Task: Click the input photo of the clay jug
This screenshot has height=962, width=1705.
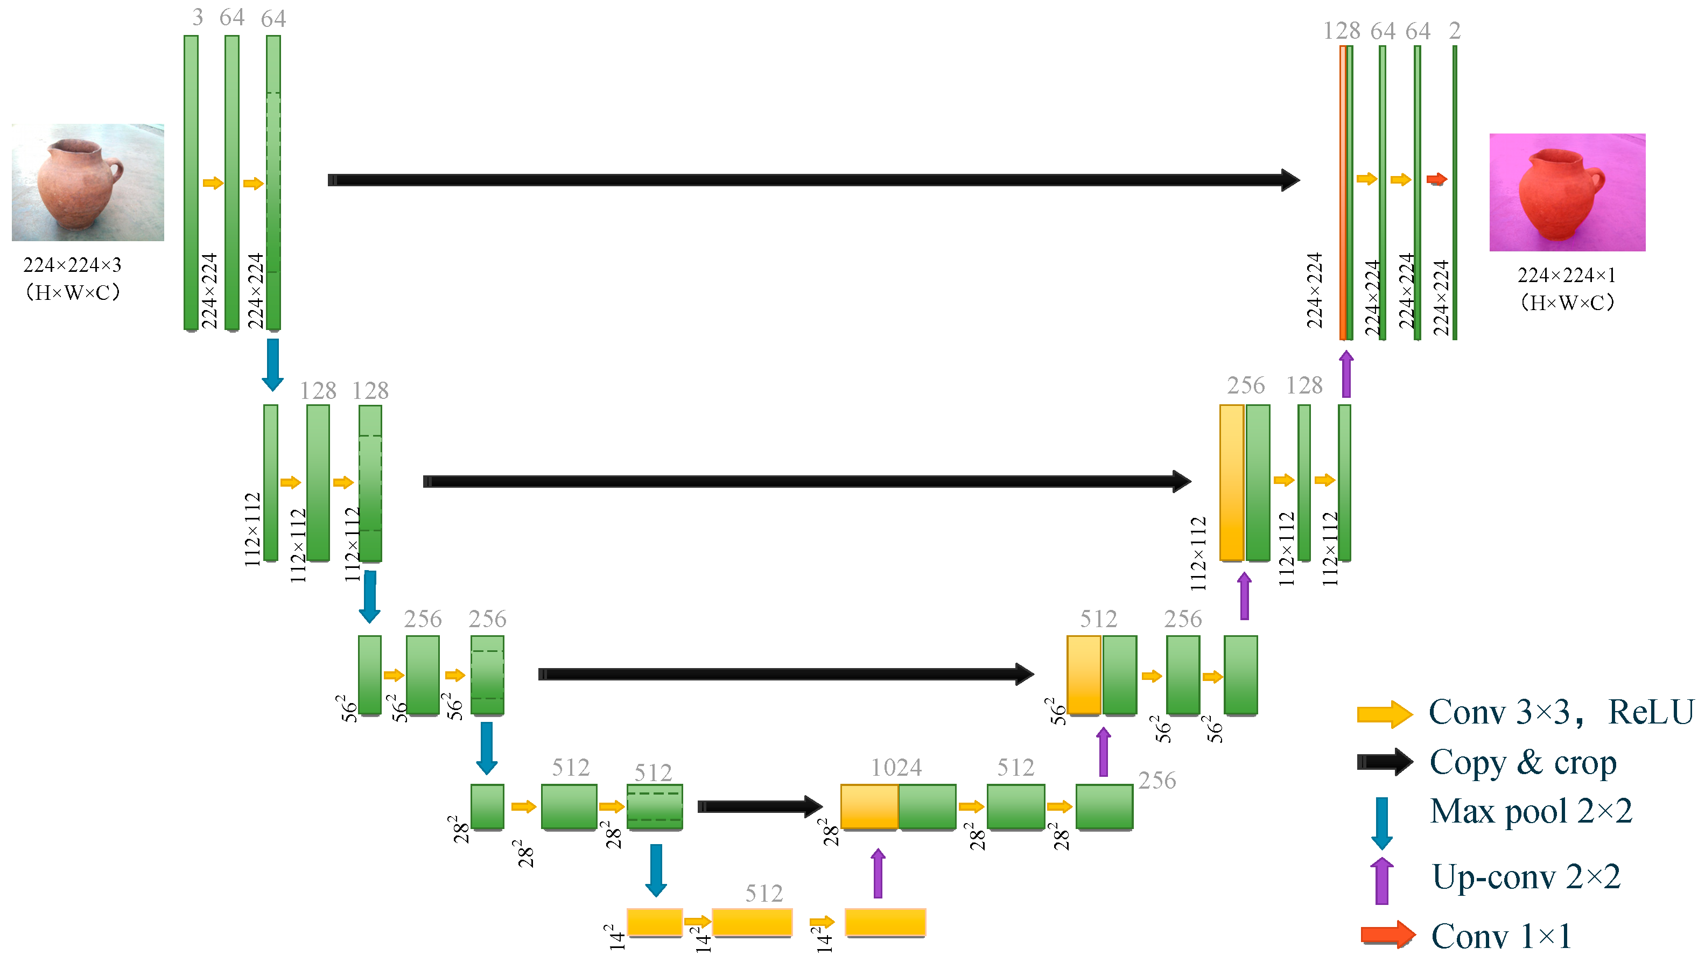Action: [x=87, y=182]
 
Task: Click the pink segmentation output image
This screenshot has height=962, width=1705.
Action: [x=1567, y=192]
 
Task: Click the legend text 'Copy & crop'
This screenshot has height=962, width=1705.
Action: [x=1522, y=762]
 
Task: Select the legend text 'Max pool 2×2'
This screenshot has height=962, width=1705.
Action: [x=1530, y=811]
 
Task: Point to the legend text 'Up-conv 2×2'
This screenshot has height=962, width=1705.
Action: [x=1526, y=876]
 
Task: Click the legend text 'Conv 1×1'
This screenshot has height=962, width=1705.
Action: [x=1500, y=936]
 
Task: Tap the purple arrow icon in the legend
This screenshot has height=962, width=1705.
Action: [x=1381, y=881]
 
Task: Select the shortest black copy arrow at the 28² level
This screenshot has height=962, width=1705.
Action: [x=759, y=806]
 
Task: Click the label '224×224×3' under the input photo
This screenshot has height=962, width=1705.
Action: [x=72, y=265]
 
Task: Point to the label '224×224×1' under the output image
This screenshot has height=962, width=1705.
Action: [x=1566, y=275]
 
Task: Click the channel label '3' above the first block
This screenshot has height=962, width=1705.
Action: [x=197, y=18]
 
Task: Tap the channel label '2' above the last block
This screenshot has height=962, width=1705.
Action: [x=1454, y=31]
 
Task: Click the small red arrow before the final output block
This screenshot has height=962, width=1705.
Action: [x=1436, y=179]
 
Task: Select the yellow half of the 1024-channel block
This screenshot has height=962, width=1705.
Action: [x=869, y=806]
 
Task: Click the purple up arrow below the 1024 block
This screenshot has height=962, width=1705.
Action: [x=878, y=873]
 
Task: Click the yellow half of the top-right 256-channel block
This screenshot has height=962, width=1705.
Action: [x=1231, y=483]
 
